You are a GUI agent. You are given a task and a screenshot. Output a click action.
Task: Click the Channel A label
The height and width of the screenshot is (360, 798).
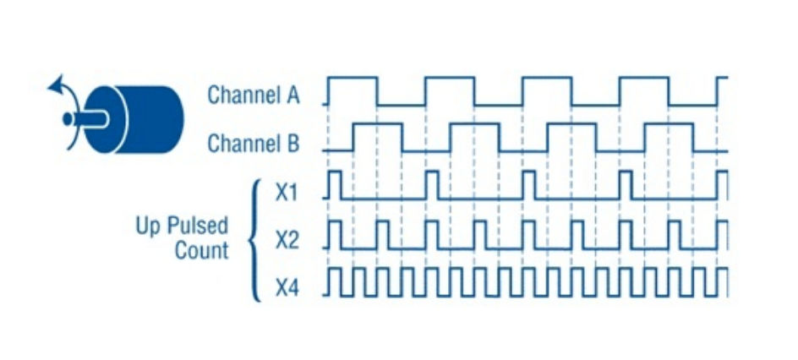(254, 95)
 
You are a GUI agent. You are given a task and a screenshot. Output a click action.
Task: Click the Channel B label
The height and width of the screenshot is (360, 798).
(254, 143)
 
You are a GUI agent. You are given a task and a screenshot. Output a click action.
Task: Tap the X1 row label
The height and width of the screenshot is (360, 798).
(287, 192)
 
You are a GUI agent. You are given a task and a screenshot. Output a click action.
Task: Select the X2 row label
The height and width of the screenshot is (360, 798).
(287, 240)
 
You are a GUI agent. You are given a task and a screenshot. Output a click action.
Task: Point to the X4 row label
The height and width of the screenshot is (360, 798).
(287, 289)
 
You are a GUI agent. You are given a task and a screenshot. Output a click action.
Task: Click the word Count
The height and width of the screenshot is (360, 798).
(202, 250)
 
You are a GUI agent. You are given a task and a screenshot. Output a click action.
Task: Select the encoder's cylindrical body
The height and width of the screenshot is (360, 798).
(152, 119)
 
